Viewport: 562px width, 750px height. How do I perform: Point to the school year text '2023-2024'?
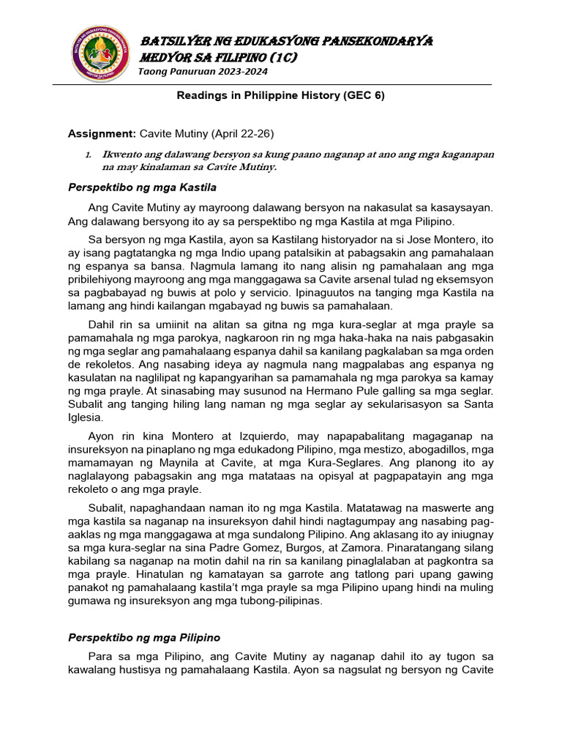[x=243, y=72]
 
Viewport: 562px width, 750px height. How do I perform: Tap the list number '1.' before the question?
[x=88, y=155]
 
